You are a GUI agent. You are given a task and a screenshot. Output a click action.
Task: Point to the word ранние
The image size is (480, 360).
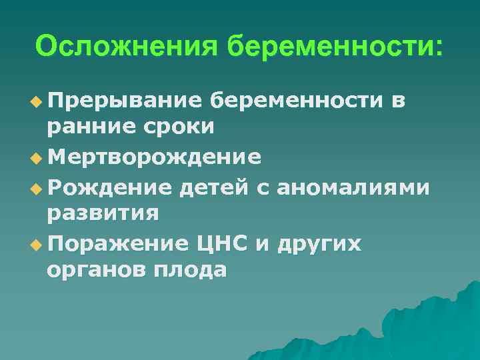click(87, 127)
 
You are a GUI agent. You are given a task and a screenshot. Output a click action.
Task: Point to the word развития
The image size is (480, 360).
click(102, 213)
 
